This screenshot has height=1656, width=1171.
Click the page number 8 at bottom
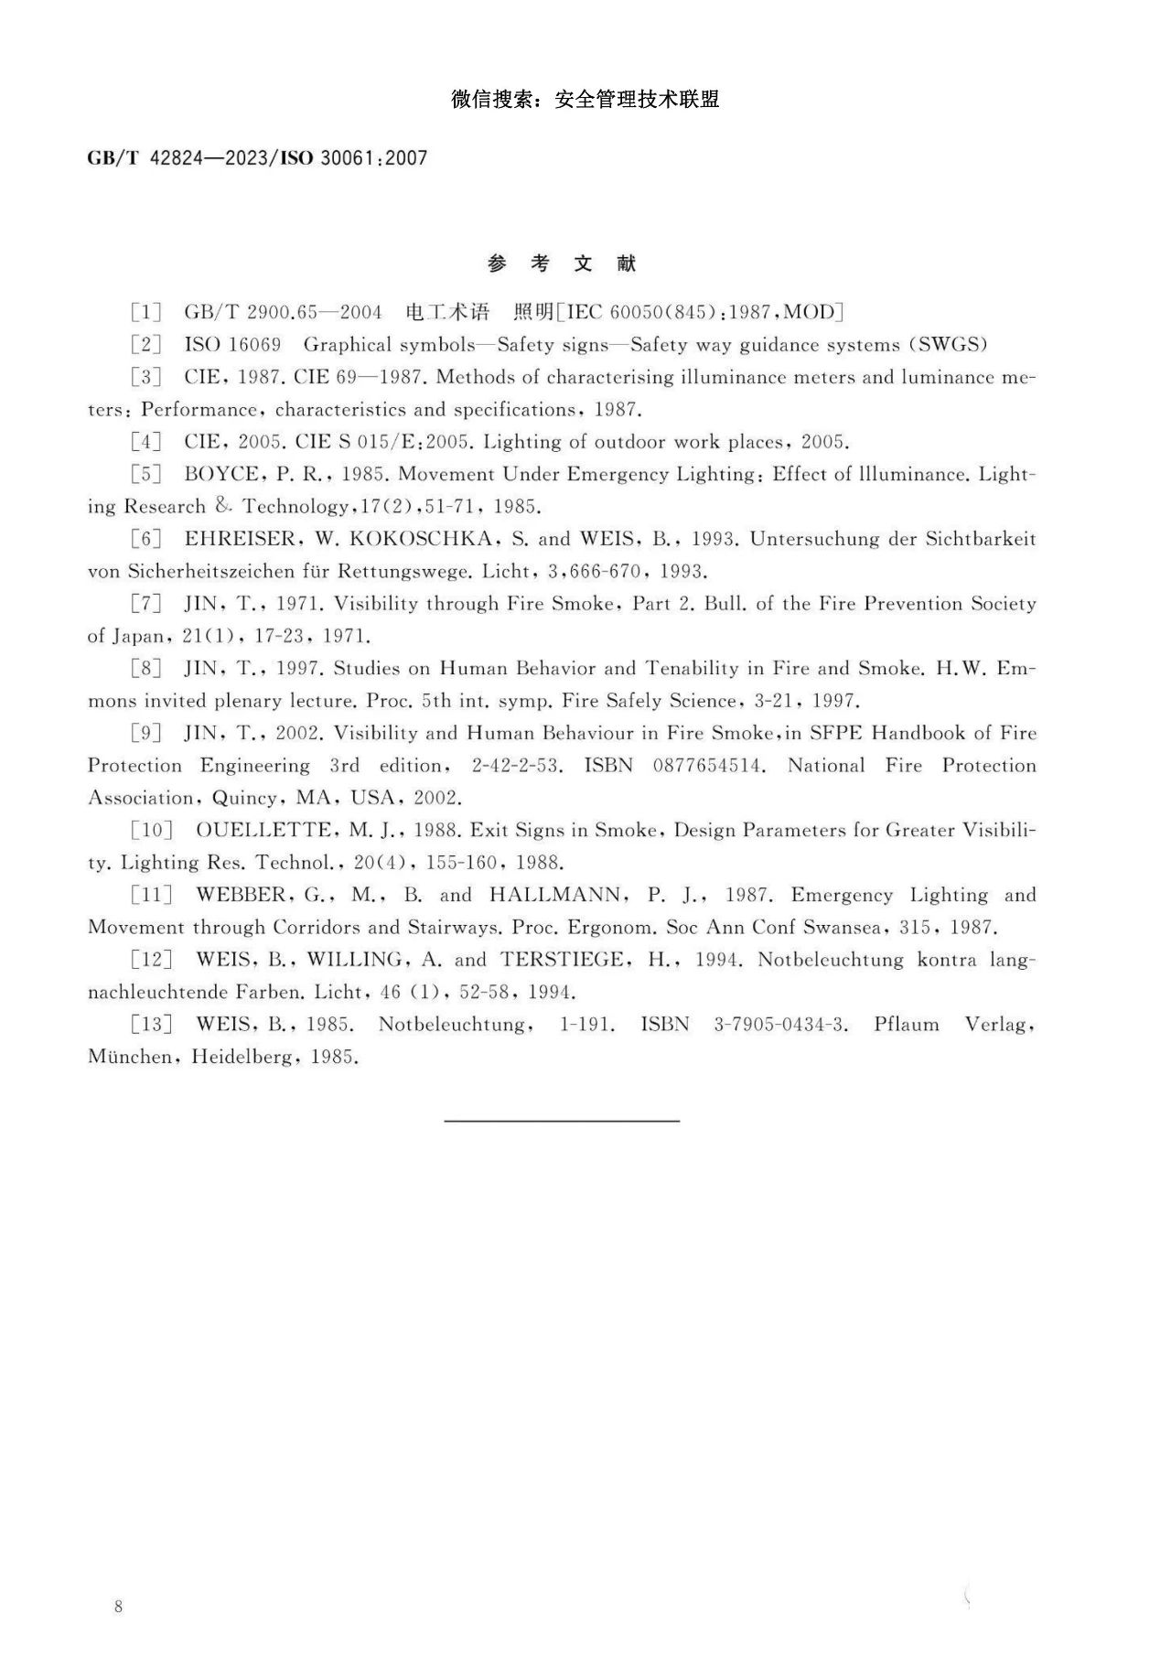[x=118, y=1607]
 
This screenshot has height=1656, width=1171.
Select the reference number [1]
[x=145, y=313]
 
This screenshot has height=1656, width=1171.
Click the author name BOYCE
[x=217, y=475]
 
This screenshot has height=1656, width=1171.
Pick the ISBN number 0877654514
[x=708, y=766]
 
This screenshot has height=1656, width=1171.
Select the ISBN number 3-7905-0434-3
[x=780, y=1025]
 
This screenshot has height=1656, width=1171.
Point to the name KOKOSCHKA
[x=421, y=539]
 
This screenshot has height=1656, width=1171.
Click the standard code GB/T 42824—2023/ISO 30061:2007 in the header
[x=257, y=158]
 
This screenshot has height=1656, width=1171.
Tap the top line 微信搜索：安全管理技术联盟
[x=585, y=100]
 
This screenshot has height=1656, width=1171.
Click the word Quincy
[x=247, y=799]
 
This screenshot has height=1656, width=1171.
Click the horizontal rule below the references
[x=562, y=1120]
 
